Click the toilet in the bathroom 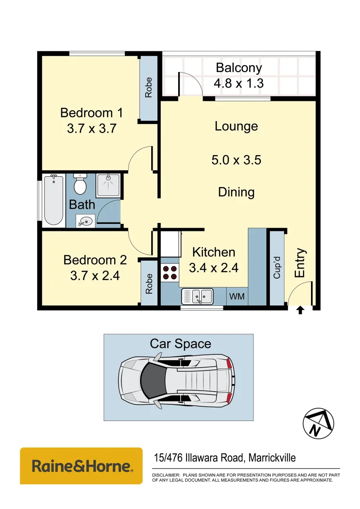click(80, 184)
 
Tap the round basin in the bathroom click(85, 221)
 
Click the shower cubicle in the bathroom click(109, 185)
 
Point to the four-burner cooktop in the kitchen click(170, 273)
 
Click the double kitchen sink click(198, 296)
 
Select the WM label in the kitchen click(237, 296)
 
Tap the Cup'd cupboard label click(277, 268)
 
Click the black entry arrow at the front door click(300, 310)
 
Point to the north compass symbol click(319, 423)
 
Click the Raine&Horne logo click(81, 466)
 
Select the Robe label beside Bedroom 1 click(149, 87)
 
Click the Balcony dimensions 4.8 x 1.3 click(238, 83)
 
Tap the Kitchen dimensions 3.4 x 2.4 click(213, 268)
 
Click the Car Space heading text click(180, 344)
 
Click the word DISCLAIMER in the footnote click(165, 475)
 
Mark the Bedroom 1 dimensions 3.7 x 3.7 click(91, 128)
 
